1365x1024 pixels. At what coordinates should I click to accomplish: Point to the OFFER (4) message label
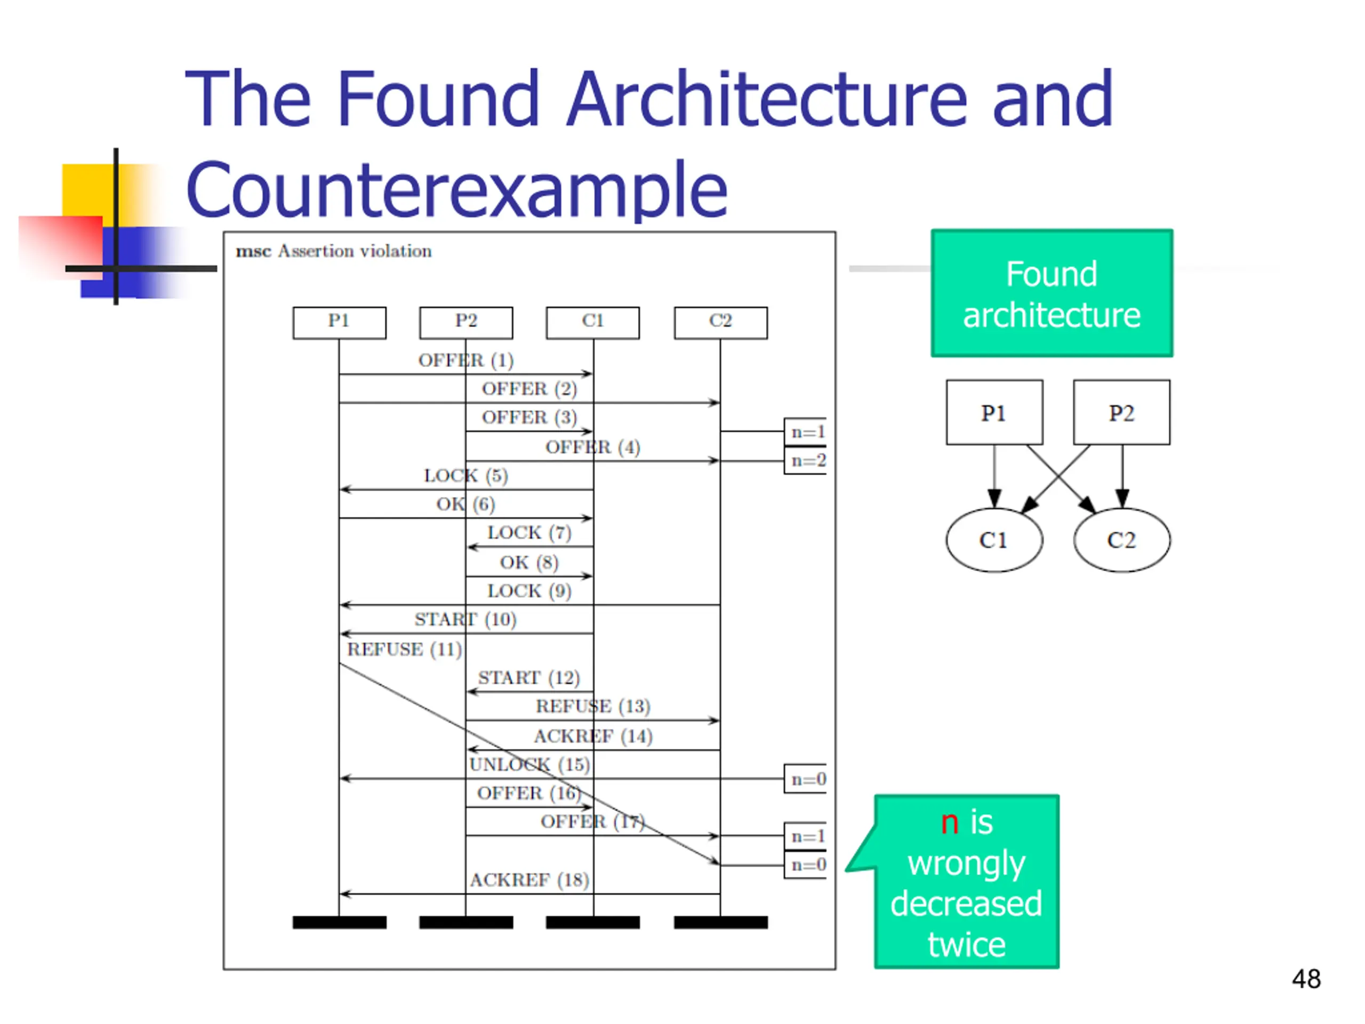pos(592,447)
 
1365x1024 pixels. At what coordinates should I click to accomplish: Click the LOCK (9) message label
pos(529,591)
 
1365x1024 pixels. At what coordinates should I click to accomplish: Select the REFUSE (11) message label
pos(404,650)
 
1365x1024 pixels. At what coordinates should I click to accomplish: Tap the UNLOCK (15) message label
pos(529,765)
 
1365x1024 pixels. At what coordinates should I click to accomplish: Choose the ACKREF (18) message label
pos(529,879)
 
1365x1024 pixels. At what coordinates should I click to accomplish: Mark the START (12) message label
pos(529,678)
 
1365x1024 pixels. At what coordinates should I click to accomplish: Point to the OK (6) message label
pos(465,505)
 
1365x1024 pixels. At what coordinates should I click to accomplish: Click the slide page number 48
pos(1306,979)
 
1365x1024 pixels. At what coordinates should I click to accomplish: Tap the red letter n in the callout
pos(950,823)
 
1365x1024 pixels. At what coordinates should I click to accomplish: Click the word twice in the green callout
pos(966,945)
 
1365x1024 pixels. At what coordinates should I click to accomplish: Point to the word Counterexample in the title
pos(456,189)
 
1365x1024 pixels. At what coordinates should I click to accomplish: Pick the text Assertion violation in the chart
pos(355,251)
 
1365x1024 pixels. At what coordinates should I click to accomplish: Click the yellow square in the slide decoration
pos(89,190)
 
